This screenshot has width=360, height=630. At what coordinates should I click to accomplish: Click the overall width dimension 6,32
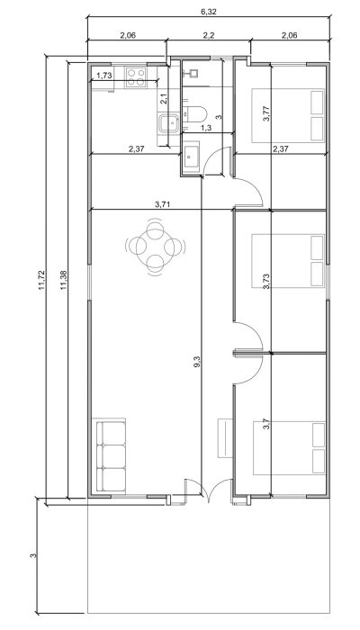point(209,12)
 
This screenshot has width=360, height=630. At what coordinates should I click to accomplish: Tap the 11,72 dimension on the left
point(42,281)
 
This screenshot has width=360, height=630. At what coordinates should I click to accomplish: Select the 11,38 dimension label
point(63,280)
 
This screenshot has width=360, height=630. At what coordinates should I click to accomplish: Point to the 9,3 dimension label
point(197,362)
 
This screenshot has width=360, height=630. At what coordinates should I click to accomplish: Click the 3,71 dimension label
point(161,204)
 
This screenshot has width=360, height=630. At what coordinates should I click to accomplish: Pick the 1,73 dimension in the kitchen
point(103,75)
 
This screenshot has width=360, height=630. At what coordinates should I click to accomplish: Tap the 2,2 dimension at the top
point(209,35)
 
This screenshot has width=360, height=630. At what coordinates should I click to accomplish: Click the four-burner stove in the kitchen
point(135,77)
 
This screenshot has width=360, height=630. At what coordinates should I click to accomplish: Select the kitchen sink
point(169,123)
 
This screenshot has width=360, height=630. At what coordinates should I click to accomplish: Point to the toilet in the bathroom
point(194,114)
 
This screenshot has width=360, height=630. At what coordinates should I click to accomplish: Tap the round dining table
point(155,247)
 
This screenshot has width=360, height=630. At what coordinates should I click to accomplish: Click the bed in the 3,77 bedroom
point(288,115)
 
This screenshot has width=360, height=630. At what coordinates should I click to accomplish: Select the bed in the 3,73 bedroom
point(288,261)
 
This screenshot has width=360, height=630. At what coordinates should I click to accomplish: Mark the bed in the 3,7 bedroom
point(289,447)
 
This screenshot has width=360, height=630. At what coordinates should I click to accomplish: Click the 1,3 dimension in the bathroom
point(206,128)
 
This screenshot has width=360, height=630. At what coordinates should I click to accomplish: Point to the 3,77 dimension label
point(266,113)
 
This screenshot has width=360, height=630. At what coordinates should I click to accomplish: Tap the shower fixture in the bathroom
point(189,73)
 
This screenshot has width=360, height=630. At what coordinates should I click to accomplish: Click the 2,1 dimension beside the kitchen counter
point(163,99)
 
